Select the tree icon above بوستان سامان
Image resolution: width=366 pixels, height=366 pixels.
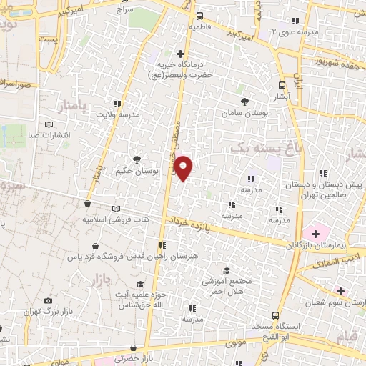click(x=245, y=102)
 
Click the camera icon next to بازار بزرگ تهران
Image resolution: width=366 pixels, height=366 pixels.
click(x=48, y=301)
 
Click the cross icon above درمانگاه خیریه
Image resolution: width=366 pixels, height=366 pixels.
click(x=180, y=54)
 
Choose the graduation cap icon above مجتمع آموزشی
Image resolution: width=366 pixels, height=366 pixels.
click(x=227, y=271)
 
